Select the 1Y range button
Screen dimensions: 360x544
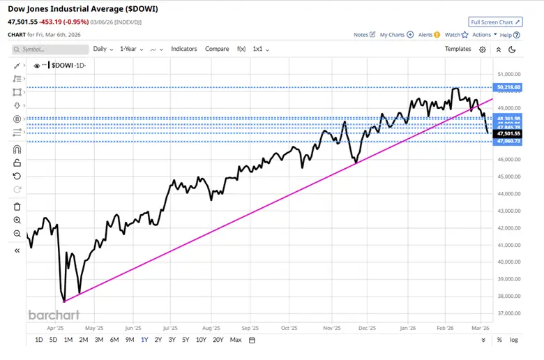144,340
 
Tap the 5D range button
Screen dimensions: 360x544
53,340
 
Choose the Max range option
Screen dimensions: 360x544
236,340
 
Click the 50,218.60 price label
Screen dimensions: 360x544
508,87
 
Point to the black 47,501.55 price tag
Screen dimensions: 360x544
508,133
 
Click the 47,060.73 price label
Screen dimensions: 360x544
508,142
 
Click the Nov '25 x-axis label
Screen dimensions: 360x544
332,327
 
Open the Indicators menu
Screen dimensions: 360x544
184,50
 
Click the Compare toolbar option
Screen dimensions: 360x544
217,50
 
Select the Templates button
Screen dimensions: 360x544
458,50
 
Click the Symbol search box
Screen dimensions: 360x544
50,50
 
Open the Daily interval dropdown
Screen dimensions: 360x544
103,50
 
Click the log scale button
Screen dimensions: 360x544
514,340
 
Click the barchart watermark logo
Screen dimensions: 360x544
54,315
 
